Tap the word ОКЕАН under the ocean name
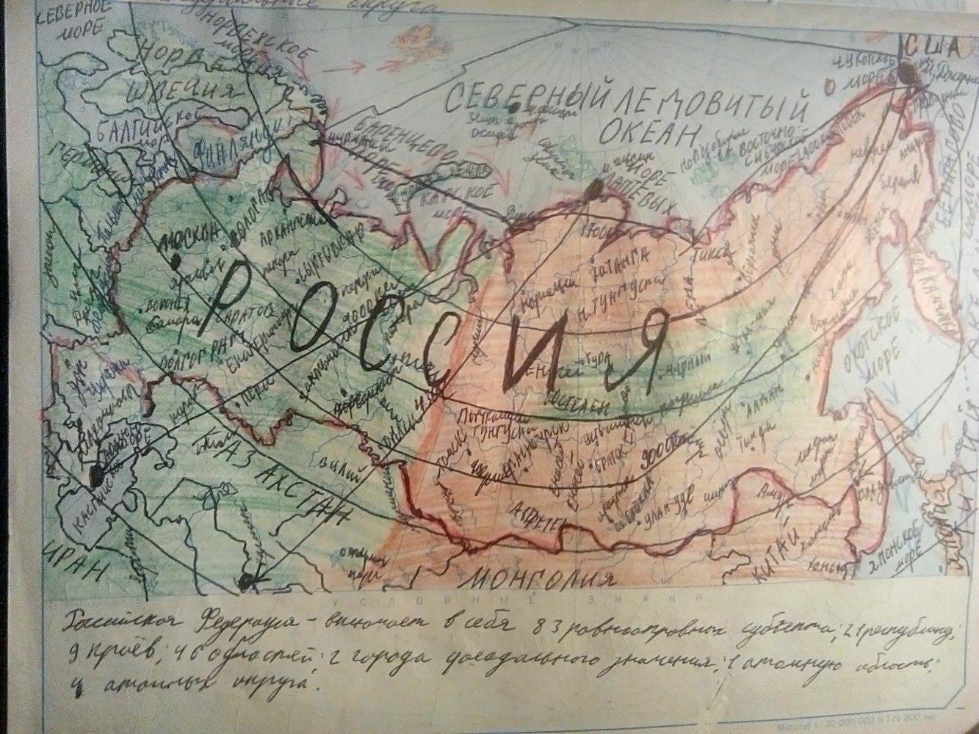pos(646,132)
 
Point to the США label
pos(931,48)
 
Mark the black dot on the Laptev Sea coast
pos(593,192)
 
